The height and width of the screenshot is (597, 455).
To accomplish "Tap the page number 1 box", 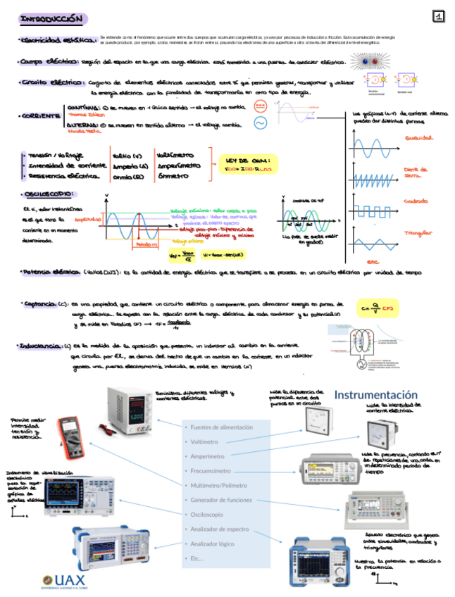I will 438,16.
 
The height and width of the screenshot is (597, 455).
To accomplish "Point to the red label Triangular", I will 417,232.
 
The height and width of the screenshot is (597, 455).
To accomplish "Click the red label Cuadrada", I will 416,201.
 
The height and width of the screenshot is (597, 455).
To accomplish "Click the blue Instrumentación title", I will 375,394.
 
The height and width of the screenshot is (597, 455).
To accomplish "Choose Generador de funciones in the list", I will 220,500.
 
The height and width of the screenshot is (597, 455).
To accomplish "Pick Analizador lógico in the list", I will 212,543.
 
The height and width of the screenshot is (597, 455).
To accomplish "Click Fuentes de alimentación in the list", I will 221,427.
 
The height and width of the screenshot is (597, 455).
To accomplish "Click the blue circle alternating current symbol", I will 259,123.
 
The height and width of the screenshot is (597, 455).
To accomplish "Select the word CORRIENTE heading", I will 41,115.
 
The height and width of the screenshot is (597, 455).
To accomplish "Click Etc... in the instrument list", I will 197,558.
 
